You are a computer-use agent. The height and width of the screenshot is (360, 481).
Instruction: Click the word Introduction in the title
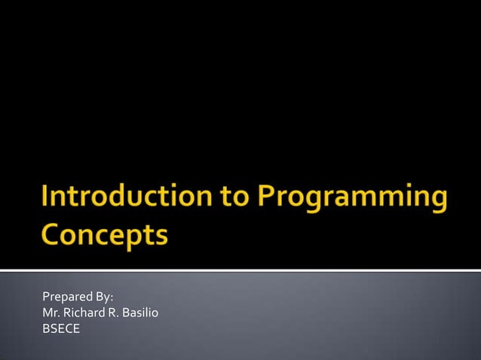(116, 198)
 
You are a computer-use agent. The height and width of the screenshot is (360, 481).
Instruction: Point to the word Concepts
(104, 235)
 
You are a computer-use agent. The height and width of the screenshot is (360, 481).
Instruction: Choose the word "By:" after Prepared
(103, 297)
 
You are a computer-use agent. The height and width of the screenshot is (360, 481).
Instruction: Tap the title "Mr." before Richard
(51, 313)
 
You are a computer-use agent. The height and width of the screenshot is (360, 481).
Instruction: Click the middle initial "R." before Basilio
(112, 313)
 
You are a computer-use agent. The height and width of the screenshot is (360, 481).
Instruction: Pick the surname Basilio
(140, 313)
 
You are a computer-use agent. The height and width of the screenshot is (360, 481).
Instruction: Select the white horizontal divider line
(240, 270)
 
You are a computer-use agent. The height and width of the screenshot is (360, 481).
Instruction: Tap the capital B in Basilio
(126, 313)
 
